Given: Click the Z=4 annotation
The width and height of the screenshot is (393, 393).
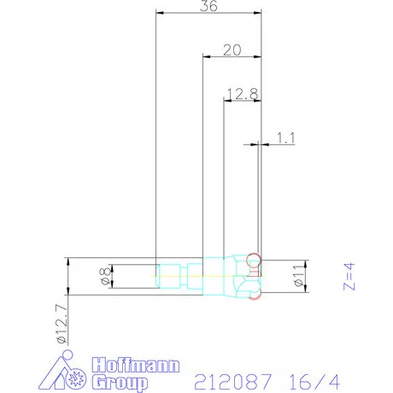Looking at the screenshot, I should (x=349, y=275).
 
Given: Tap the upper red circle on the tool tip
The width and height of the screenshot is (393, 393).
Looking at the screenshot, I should (x=252, y=259).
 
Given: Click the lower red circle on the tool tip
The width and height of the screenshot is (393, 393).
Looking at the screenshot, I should (x=253, y=293).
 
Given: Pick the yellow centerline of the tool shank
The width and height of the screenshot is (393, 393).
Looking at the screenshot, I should (x=171, y=276).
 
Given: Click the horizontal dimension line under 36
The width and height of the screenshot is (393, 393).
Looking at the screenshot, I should (x=208, y=14).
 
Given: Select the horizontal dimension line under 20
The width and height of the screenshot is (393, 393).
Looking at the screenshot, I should (x=231, y=57).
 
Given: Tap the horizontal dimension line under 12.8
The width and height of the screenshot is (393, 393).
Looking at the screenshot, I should (x=242, y=100).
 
